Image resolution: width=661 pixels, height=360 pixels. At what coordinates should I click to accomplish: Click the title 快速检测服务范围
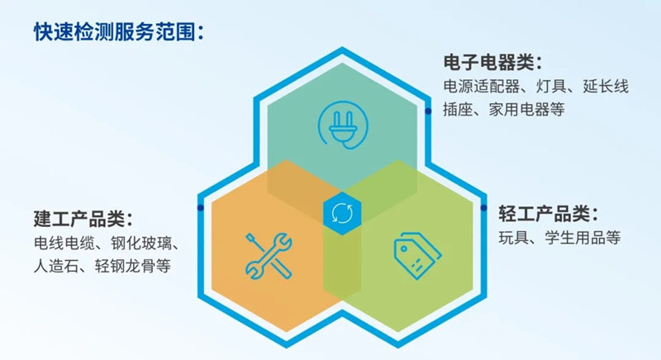coord(114,32)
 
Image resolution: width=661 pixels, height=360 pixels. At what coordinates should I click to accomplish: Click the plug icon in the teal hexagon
coord(343,126)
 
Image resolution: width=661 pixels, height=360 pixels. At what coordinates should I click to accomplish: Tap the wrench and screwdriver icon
coord(269,256)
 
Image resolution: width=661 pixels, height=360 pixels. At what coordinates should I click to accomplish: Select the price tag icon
coord(417,256)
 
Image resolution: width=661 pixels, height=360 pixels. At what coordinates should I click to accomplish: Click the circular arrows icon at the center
coord(342,214)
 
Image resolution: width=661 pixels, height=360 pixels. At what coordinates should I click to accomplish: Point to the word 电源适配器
coord(482,87)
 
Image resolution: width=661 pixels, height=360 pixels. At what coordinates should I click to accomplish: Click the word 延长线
coord(606,87)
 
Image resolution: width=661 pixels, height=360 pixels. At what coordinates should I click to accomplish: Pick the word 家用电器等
coord(526,110)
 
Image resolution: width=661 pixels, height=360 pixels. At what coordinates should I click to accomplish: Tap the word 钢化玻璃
coord(140,243)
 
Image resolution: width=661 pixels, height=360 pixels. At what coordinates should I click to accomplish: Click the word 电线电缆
coord(64,243)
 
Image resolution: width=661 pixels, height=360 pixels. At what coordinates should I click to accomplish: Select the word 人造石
coord(56,266)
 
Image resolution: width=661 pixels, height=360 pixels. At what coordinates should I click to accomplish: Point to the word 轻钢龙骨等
coord(133,266)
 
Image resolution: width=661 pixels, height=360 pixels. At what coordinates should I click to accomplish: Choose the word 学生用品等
coord(583,238)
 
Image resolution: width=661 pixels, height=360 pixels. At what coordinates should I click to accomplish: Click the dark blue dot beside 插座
coord(428,111)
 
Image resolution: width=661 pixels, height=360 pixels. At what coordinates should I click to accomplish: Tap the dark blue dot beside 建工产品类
coord(201,208)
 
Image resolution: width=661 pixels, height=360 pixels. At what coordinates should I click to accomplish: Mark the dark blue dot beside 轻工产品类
coord(483,208)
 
